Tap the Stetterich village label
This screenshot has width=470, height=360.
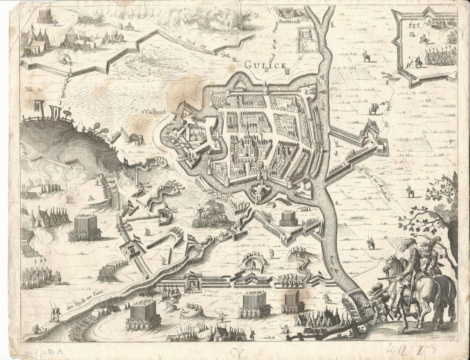[x=290, y=20]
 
